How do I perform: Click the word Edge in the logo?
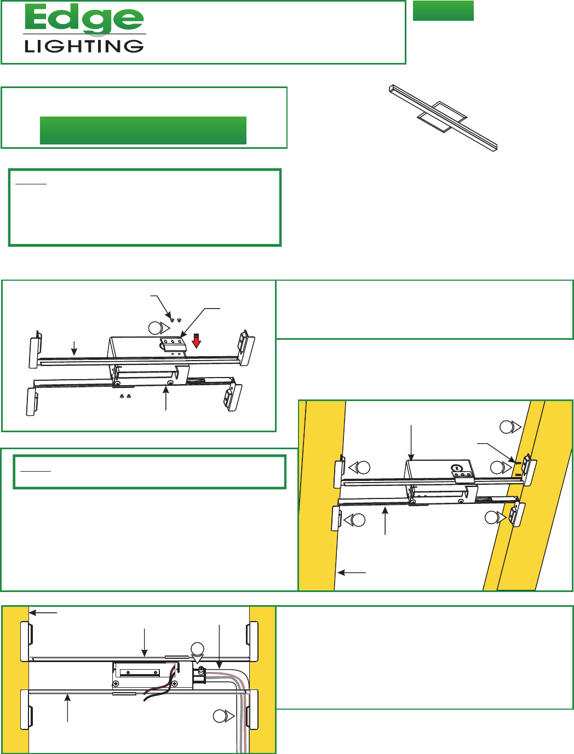click(84, 20)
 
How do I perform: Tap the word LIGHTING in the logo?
click(84, 46)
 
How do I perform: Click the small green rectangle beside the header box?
click(443, 10)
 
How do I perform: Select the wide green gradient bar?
click(143, 130)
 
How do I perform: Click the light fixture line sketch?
click(444, 118)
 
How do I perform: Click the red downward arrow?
click(196, 340)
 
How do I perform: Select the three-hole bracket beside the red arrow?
click(173, 345)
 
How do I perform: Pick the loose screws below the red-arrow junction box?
click(125, 396)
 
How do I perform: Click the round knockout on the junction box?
click(456, 467)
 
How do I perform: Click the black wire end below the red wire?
click(146, 699)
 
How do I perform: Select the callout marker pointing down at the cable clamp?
click(197, 653)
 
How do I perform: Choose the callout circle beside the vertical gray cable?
click(223, 716)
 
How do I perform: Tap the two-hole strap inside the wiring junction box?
click(139, 672)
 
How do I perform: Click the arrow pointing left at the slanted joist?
click(352, 573)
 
